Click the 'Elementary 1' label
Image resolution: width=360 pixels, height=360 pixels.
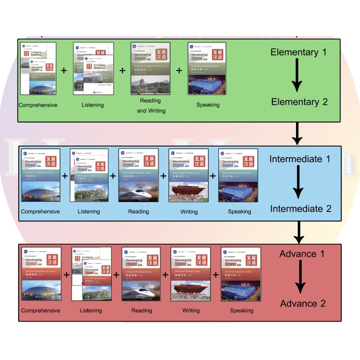coord(298,52)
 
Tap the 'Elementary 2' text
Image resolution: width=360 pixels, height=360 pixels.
coord(299,102)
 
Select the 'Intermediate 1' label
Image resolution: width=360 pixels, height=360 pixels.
coord(300,159)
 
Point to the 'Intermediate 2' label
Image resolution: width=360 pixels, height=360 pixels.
coord(301,208)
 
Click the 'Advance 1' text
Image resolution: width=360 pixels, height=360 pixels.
coord(302,253)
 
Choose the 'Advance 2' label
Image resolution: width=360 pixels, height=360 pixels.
coord(303,303)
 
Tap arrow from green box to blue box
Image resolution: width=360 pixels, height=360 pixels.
coord(297,134)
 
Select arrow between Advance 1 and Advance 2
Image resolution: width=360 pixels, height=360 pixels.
coord(300,278)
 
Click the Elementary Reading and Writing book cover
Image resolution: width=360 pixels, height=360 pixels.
coord(150,69)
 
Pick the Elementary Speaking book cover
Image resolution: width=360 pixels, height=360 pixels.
coord(207,69)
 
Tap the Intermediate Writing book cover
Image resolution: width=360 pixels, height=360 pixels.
coord(188,175)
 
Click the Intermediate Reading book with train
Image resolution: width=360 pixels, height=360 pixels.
coord(139,175)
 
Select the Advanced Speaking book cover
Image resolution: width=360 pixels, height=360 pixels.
coord(241,274)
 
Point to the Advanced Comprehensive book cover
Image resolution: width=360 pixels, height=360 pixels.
coord(41,274)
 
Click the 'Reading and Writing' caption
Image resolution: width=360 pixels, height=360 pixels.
coord(151,105)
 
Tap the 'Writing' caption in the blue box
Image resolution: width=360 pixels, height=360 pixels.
coord(189,212)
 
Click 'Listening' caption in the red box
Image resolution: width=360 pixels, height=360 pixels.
coord(91,310)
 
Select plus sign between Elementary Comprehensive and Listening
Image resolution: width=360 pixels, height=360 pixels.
coord(64,71)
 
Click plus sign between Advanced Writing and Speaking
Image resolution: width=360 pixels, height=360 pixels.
coord(216,275)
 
